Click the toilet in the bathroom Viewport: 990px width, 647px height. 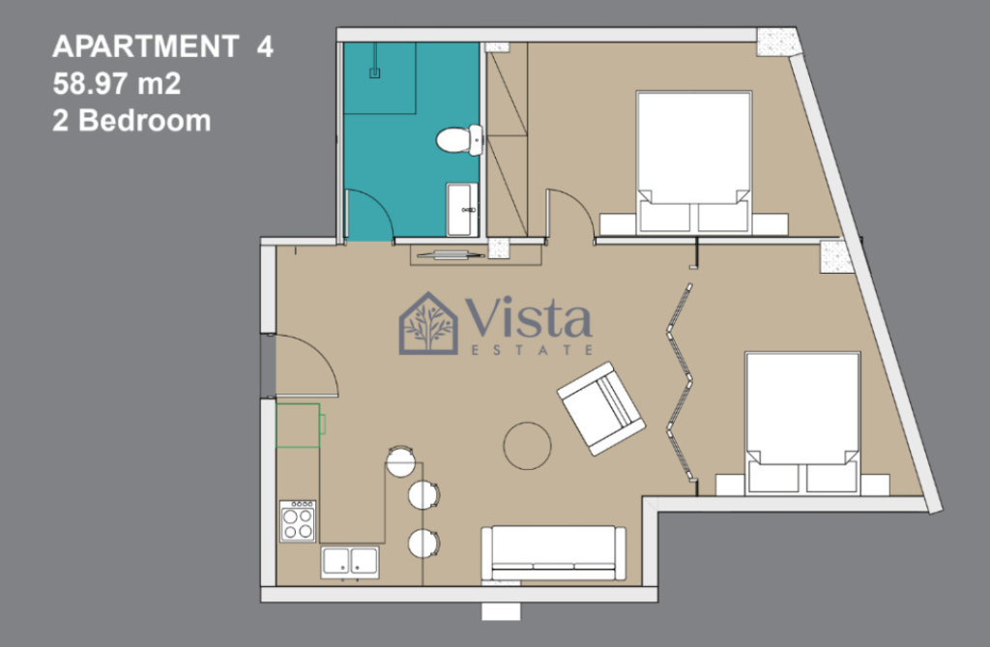point(459,139)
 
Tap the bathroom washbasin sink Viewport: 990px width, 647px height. point(462,209)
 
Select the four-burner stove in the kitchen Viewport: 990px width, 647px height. point(298,520)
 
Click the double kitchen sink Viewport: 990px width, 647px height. point(350,562)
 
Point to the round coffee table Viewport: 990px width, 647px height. point(527,446)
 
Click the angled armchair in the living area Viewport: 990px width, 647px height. point(601,408)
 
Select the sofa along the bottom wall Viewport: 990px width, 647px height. point(554,553)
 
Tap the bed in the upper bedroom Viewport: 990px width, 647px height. point(694,162)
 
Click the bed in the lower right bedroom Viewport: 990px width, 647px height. point(802,423)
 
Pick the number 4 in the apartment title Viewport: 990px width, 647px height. point(265,46)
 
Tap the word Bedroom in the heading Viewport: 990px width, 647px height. point(145,120)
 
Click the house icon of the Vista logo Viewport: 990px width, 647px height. point(428,323)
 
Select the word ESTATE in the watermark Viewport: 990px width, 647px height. point(533,349)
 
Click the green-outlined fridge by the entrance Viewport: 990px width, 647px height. point(301,426)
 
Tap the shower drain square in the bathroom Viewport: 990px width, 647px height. point(374,74)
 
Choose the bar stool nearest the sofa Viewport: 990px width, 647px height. point(423,543)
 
